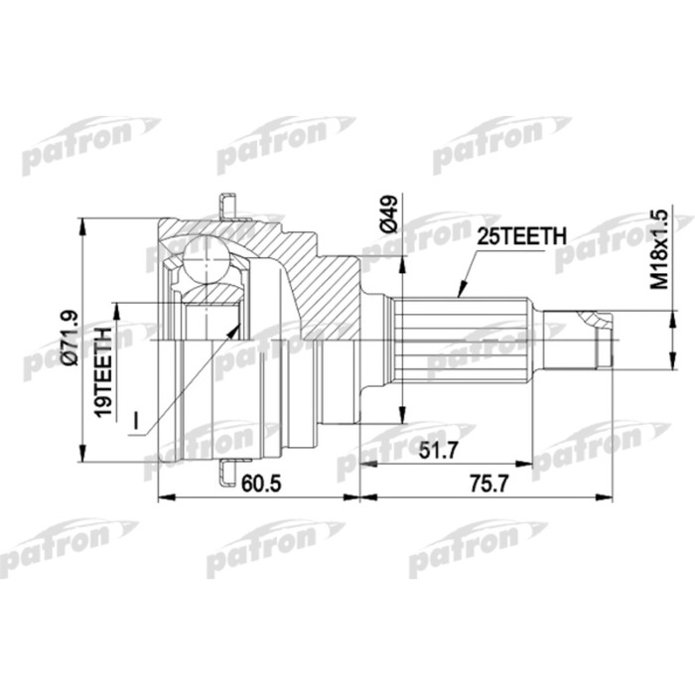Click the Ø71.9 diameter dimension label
click(70, 338)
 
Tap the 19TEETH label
click(104, 372)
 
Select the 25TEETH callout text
click(521, 236)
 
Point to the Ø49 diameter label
click(388, 214)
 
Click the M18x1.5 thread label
click(659, 249)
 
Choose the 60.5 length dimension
click(261, 484)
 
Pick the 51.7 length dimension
click(439, 451)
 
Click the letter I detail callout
click(137, 420)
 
